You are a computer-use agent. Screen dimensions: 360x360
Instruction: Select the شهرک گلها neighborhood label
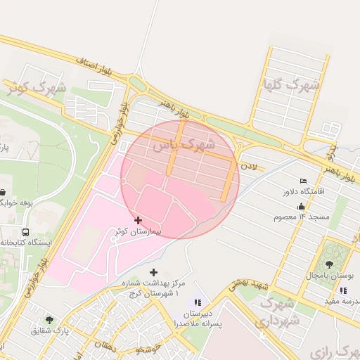pyautogui.click(x=290, y=86)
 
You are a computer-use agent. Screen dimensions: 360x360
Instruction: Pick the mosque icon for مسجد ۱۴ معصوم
pyautogui.click(x=302, y=207)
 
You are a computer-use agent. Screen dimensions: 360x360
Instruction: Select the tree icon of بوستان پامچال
pyautogui.click(x=329, y=264)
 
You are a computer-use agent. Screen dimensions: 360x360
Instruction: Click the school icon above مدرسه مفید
pyautogui.click(x=342, y=290)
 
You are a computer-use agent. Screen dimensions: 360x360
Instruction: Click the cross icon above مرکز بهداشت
pyautogui.click(x=154, y=272)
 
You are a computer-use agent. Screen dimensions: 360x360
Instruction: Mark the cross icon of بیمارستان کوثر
pyautogui.click(x=138, y=221)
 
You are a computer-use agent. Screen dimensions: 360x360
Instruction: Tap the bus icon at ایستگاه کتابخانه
pyautogui.click(x=26, y=232)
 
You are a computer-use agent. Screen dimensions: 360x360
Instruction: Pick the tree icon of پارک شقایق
pyautogui.click(x=49, y=319)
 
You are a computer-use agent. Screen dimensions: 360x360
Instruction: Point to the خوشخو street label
pyautogui.click(x=149, y=349)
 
